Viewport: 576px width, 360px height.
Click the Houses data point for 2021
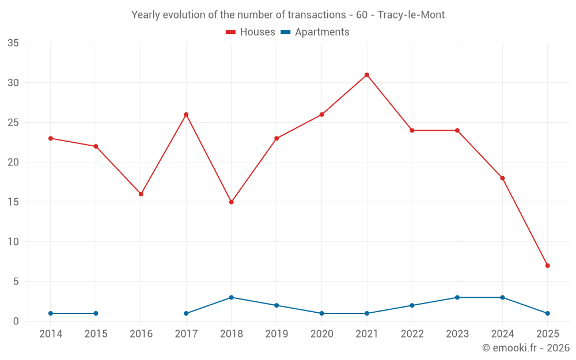pyautogui.click(x=366, y=75)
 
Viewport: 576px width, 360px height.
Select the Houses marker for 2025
pyautogui.click(x=547, y=266)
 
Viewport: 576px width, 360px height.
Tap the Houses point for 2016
pyautogui.click(x=141, y=194)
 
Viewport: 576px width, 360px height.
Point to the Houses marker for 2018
pyautogui.click(x=231, y=202)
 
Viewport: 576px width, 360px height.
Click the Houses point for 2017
pyautogui.click(x=186, y=115)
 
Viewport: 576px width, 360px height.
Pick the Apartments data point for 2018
pyautogui.click(x=231, y=297)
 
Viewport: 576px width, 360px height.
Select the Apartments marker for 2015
pyautogui.click(x=96, y=313)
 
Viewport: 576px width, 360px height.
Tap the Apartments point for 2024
pyautogui.click(x=502, y=297)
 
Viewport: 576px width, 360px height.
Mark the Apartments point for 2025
pyautogui.click(x=547, y=313)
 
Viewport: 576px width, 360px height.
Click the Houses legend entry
pyautogui.click(x=251, y=32)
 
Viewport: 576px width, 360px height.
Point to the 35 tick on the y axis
pyautogui.click(x=13, y=43)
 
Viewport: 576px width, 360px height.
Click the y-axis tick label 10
pyautogui.click(x=13, y=242)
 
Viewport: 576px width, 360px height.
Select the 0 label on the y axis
pyautogui.click(x=16, y=321)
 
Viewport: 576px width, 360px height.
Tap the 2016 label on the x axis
pyautogui.click(x=141, y=334)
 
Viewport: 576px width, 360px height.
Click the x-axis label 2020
pyautogui.click(x=321, y=334)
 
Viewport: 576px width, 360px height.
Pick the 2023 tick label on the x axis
pyautogui.click(x=457, y=334)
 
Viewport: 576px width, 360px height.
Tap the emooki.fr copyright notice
pyautogui.click(x=525, y=348)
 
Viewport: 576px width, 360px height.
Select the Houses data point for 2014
pyautogui.click(x=51, y=138)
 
